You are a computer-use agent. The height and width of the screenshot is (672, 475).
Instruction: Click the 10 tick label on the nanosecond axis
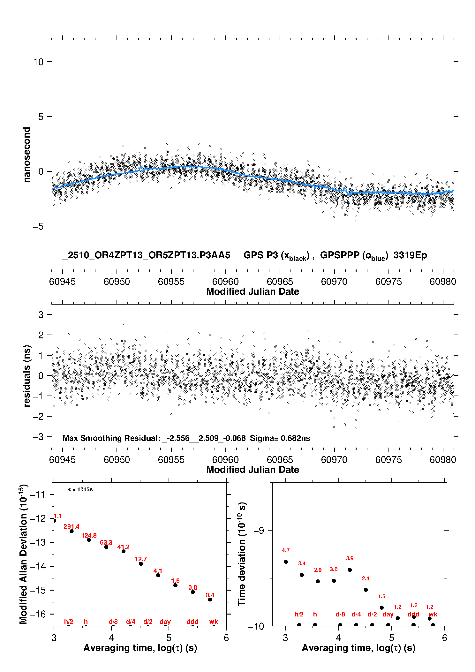click(38, 62)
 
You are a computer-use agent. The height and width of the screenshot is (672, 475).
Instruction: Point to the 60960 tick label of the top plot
click(225, 282)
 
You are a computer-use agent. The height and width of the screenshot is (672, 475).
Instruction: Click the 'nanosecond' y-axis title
click(27, 155)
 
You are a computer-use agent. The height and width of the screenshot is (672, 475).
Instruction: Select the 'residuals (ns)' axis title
click(27, 376)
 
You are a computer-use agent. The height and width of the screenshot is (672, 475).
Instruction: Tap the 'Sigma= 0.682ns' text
click(280, 438)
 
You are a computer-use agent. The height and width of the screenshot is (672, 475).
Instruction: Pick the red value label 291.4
click(71, 526)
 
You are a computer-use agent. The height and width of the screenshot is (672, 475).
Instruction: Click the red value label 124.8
click(89, 535)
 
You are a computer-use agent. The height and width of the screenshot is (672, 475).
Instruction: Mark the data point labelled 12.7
click(141, 563)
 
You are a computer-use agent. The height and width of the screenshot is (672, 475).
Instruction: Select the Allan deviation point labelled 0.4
click(210, 600)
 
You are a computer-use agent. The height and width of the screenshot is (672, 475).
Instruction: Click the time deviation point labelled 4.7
click(286, 562)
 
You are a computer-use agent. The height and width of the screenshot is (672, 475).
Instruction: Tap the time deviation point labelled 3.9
click(350, 570)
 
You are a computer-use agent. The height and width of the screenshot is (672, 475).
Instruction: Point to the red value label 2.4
click(366, 578)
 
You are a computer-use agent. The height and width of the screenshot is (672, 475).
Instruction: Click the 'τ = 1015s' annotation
click(80, 489)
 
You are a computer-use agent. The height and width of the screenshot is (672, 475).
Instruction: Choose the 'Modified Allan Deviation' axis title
click(23, 554)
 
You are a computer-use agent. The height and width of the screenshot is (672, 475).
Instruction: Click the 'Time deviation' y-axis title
click(242, 554)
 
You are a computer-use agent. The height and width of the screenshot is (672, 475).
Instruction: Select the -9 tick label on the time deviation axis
click(258, 530)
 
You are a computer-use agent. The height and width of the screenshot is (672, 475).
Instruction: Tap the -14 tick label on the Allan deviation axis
click(38, 566)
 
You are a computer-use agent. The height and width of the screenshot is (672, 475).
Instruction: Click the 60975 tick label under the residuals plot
click(388, 460)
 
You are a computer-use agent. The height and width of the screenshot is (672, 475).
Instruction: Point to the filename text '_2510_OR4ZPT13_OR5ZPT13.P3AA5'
click(146, 255)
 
